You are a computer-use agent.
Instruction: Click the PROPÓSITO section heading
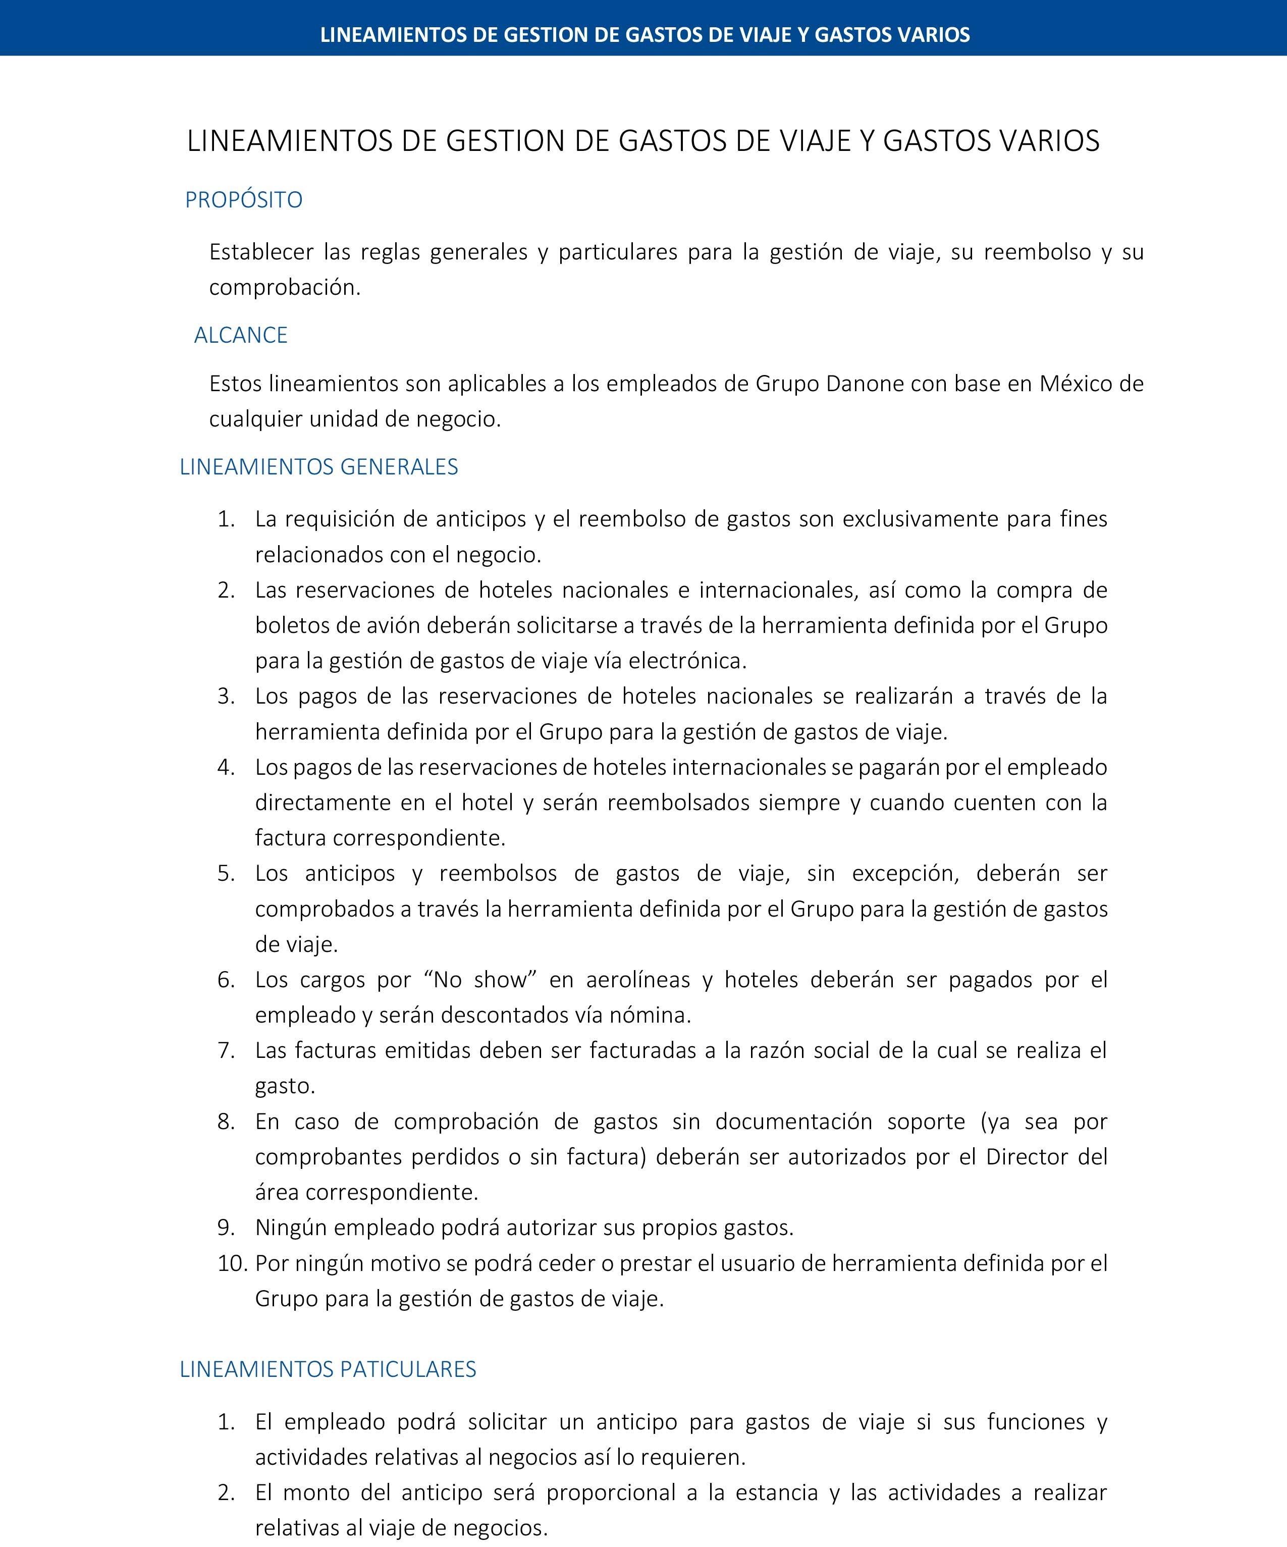[x=243, y=200]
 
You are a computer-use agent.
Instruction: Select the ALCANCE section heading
[x=240, y=335]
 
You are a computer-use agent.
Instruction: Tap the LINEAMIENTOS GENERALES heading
[x=318, y=467]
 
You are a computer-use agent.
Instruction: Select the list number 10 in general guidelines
[x=231, y=1263]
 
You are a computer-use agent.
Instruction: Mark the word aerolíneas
[x=638, y=980]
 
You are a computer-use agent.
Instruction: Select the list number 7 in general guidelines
[x=226, y=1050]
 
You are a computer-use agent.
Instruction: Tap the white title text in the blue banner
[x=645, y=35]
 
